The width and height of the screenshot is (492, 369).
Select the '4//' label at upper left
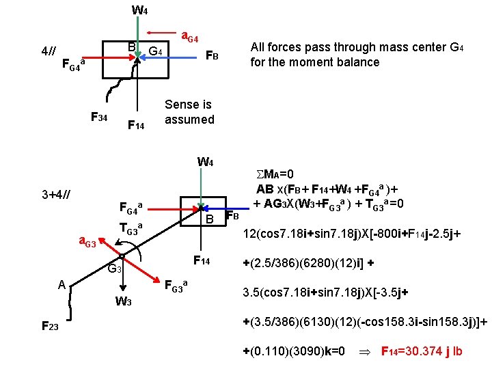pyautogui.click(x=49, y=52)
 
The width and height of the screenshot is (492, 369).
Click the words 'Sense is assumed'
pyautogui.click(x=189, y=112)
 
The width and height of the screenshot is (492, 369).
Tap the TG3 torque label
pyautogui.click(x=131, y=228)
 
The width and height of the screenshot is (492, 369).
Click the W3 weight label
pyautogui.click(x=124, y=302)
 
